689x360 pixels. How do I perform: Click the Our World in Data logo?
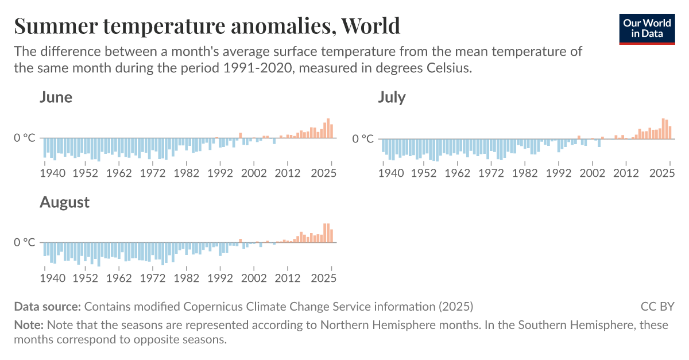(x=647, y=28)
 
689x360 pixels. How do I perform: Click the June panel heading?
(x=56, y=97)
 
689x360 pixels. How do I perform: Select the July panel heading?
(x=392, y=98)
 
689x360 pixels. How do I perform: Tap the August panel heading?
(x=64, y=202)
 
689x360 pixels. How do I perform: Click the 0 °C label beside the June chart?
(x=25, y=138)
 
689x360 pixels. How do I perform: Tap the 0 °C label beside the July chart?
(x=363, y=138)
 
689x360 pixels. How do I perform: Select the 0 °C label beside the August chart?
(x=25, y=242)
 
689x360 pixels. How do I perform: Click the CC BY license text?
(x=657, y=306)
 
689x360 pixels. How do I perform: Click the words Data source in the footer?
(x=47, y=306)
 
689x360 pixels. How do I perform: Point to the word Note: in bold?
(x=29, y=325)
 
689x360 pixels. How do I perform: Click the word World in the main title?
(x=370, y=26)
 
